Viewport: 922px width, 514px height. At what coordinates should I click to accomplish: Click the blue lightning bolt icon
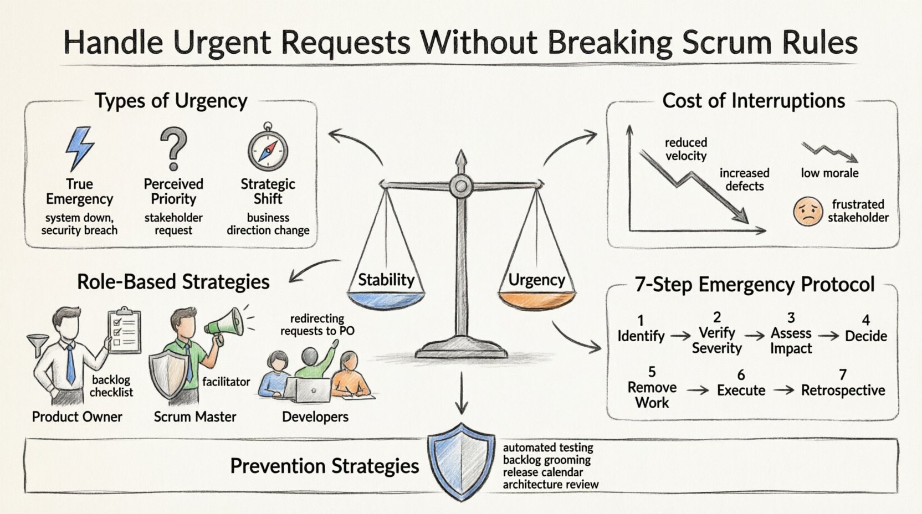pyautogui.click(x=79, y=148)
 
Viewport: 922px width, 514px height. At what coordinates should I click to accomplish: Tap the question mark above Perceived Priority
pyautogui.click(x=173, y=148)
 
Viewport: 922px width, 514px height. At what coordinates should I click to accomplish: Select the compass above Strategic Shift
pyautogui.click(x=268, y=150)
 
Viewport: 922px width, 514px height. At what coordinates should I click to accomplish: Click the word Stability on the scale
pyautogui.click(x=386, y=280)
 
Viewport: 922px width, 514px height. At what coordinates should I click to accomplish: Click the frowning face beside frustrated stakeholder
pyautogui.click(x=808, y=212)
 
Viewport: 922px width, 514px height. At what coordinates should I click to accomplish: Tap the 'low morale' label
pyautogui.click(x=829, y=173)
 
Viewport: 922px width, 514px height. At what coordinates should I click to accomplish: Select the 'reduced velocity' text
pyautogui.click(x=686, y=149)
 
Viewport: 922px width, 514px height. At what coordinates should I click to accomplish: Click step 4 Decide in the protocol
pyautogui.click(x=865, y=336)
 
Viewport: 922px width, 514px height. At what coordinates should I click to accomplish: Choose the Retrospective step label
pyautogui.click(x=843, y=390)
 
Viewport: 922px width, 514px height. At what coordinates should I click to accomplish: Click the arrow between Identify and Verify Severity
pyautogui.click(x=679, y=336)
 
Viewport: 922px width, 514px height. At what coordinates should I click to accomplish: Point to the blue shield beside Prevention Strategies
pyautogui.click(x=461, y=461)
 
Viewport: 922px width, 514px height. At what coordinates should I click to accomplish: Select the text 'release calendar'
pyautogui.click(x=542, y=472)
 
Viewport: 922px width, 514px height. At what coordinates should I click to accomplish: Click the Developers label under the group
pyautogui.click(x=315, y=417)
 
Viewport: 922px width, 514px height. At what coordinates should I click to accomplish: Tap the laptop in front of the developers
pyautogui.click(x=311, y=390)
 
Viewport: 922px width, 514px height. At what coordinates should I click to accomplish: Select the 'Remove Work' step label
pyautogui.click(x=652, y=395)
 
